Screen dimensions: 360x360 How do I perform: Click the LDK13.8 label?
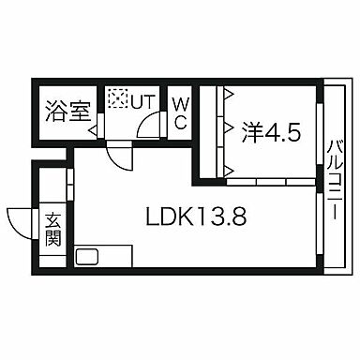[197, 217]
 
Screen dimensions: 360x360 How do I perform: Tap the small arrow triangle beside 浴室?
[94, 132]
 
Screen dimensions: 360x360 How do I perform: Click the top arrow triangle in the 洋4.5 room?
[227, 93]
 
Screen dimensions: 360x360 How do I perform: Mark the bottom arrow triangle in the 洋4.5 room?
[227, 169]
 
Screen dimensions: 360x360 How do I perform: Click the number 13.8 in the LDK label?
[226, 217]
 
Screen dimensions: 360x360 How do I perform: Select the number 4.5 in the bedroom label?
[284, 131]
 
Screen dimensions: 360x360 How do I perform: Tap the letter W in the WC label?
[180, 101]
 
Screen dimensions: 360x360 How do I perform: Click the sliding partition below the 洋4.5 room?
[272, 178]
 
